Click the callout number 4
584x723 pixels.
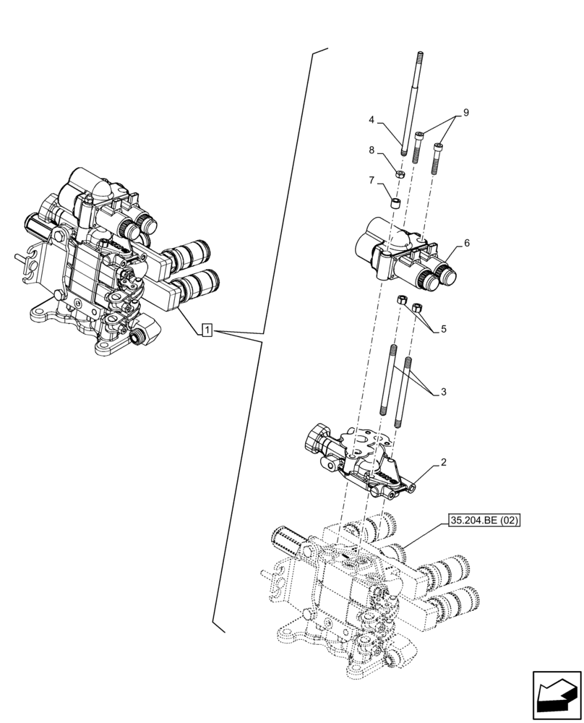coord(371,119)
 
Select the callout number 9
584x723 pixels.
coord(466,112)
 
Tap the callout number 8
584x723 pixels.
coord(372,151)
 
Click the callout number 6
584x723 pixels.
coord(467,243)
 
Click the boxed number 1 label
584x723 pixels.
coord(207,331)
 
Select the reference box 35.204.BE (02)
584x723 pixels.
coord(484,520)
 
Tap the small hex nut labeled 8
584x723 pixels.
coord(400,174)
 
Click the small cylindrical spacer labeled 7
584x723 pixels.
coord(395,203)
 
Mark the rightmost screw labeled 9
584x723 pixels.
coord(438,158)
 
